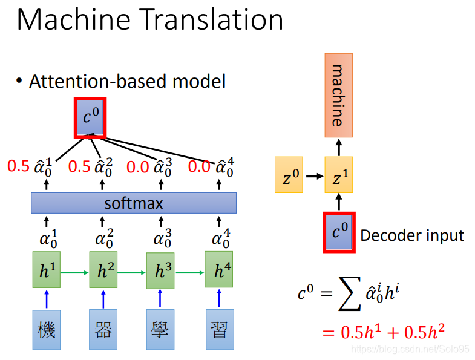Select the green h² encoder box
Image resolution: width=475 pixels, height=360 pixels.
pyautogui.click(x=103, y=272)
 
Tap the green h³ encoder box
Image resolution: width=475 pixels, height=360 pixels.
pyautogui.click(x=160, y=272)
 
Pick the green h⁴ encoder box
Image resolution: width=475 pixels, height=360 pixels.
pyautogui.click(x=219, y=272)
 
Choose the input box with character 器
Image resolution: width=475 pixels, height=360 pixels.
pyautogui.click(x=103, y=330)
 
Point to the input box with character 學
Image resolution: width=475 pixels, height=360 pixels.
pyautogui.click(x=160, y=330)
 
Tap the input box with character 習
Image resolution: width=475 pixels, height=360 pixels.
pyautogui.click(x=219, y=330)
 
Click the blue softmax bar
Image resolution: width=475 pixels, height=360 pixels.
pyautogui.click(x=134, y=203)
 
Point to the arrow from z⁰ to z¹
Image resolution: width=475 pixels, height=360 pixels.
pyautogui.click(x=313, y=176)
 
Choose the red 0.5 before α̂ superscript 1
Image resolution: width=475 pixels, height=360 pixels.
pyautogui.click(x=18, y=166)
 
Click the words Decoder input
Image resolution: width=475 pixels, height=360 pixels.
pyautogui.click(x=412, y=235)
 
